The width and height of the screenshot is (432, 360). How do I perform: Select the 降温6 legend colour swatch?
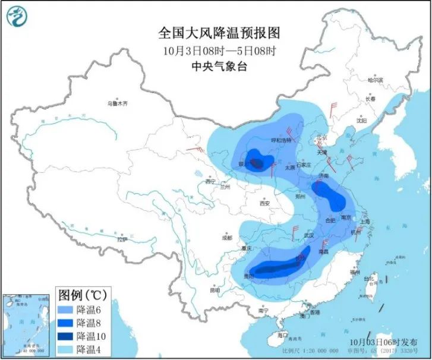click(x=67, y=310)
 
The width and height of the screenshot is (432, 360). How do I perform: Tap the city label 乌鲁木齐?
click(x=118, y=104)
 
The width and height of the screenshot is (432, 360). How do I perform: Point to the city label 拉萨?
click(x=122, y=240)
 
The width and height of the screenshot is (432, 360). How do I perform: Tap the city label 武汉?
click(x=308, y=235)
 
